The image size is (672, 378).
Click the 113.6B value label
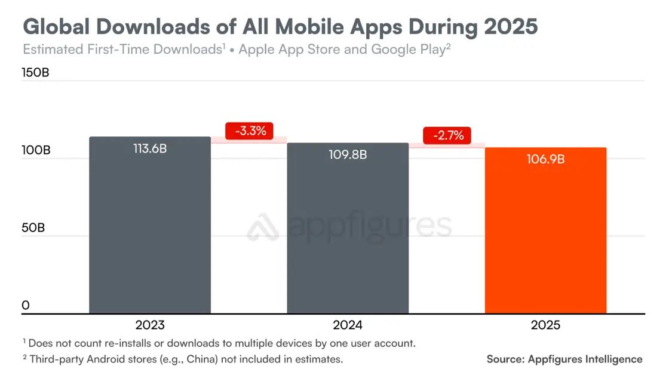point(150,148)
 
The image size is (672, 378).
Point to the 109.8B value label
point(348,154)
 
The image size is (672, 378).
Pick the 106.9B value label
point(545,159)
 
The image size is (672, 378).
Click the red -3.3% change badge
point(249,130)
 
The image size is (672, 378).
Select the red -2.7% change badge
point(447,135)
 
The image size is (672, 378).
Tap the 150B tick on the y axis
point(36,72)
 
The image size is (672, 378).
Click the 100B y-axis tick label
point(36,150)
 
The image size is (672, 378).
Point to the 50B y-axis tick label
point(33,228)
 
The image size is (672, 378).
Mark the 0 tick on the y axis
point(26,306)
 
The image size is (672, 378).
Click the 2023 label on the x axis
point(150,325)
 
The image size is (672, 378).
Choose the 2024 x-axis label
point(348,325)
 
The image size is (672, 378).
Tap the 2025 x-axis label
point(545,325)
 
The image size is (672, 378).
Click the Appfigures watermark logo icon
point(263,228)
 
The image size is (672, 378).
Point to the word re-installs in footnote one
point(134,343)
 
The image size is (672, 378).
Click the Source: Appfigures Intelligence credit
point(564,359)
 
